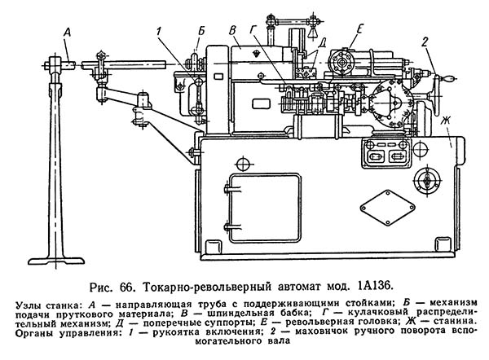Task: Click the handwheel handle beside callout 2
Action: point(447,79)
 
